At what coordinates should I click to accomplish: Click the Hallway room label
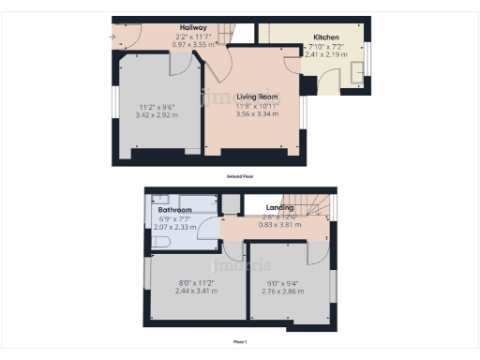(193, 29)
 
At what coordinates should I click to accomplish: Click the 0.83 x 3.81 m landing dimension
(278, 225)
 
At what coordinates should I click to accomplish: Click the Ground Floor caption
(240, 176)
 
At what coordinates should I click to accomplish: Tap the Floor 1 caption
(241, 342)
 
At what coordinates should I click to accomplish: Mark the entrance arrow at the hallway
(114, 37)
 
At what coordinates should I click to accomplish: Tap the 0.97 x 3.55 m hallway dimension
(193, 44)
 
